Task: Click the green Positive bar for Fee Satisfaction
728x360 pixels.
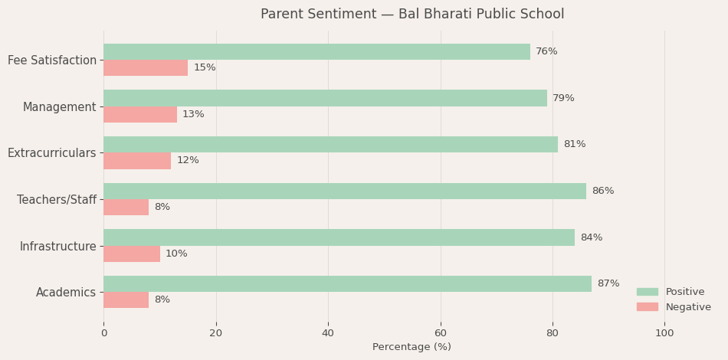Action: [316, 51]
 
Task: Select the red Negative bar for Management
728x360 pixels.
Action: [140, 114]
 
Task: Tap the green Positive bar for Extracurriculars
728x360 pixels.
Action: [330, 144]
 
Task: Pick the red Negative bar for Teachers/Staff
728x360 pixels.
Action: [126, 207]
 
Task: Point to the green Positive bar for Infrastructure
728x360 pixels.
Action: [339, 237]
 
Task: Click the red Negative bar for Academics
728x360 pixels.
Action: [126, 299]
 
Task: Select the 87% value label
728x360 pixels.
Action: [608, 284]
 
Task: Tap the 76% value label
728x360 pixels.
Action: [546, 51]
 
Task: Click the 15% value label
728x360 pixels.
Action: [205, 68]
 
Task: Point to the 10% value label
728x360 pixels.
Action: [176, 254]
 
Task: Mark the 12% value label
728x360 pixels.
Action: [188, 161]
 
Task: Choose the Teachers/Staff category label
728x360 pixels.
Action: [57, 200]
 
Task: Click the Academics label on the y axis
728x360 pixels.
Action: [66, 293]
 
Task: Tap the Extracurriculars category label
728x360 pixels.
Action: [52, 153]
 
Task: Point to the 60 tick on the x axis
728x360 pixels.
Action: [441, 333]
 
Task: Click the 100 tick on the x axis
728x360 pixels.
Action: [664, 333]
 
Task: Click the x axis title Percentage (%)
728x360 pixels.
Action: [412, 347]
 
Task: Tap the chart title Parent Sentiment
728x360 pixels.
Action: [412, 15]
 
